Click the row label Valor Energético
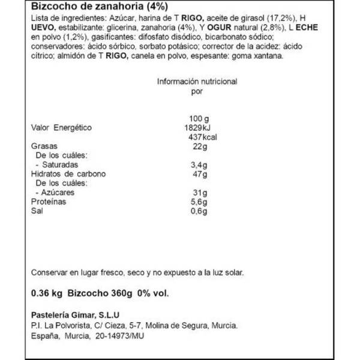click(60, 128)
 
